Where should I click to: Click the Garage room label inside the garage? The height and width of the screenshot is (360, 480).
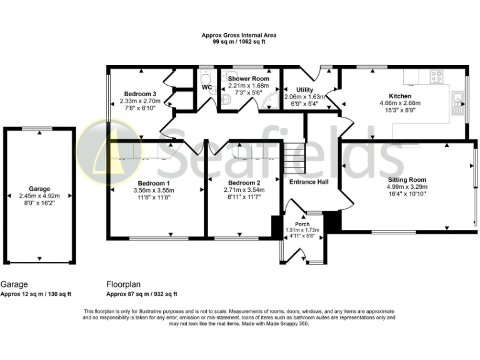(39, 189)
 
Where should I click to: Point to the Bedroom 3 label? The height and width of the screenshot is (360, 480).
(139, 94)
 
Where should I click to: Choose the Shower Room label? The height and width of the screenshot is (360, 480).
(248, 79)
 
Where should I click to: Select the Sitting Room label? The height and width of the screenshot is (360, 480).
(406, 179)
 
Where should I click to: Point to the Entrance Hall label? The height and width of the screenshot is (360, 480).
(309, 182)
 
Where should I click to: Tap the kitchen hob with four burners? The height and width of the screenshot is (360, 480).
(437, 78)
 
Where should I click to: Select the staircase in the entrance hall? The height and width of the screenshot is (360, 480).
(293, 157)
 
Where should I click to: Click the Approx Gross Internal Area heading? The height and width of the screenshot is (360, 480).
(239, 36)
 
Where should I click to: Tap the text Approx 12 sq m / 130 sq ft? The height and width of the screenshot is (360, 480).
(36, 294)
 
